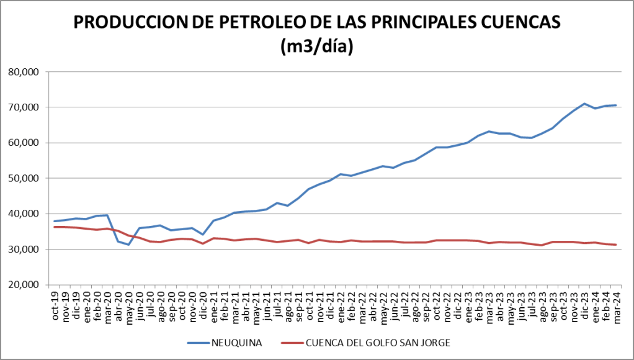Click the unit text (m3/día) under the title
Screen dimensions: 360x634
317,47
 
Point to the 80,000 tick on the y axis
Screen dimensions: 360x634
25,72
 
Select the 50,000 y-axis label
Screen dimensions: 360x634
25,178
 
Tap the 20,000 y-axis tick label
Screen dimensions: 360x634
25,285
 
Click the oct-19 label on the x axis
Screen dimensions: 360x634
55,308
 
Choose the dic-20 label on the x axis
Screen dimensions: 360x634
203,308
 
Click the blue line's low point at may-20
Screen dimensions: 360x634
129,245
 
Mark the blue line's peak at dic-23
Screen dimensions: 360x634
584,104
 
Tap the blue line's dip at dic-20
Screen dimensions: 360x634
203,235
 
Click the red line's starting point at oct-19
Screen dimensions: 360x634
55,227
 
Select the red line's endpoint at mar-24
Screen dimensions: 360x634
615,245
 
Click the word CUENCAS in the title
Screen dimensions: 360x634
515,23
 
